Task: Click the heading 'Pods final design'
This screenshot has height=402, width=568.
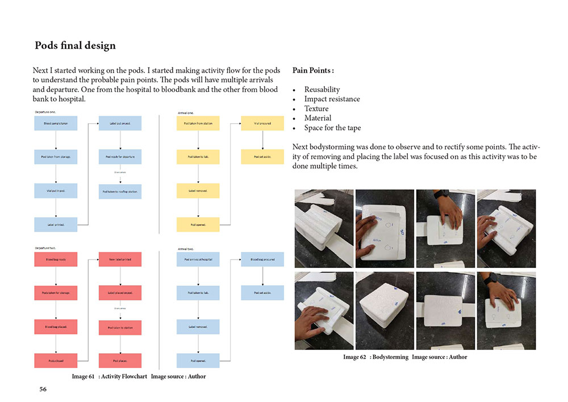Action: (75, 45)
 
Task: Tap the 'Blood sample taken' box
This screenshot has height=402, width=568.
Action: (56, 123)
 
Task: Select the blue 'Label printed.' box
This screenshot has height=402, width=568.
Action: (56, 225)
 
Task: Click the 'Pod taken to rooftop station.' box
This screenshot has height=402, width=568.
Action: (120, 191)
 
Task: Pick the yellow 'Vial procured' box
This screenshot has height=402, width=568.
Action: (262, 123)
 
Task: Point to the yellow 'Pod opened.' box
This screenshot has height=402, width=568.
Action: (198, 225)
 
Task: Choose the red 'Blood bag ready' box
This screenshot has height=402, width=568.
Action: (56, 259)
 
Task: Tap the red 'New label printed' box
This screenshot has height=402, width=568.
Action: (120, 259)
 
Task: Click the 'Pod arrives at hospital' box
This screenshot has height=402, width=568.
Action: (198, 259)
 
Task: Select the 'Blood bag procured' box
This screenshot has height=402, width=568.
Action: (262, 259)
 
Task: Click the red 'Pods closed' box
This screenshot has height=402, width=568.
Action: (56, 361)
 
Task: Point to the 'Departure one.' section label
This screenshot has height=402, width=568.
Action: (45, 112)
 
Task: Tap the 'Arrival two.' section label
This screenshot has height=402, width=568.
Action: (186, 249)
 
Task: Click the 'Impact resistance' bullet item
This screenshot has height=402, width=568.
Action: (332, 99)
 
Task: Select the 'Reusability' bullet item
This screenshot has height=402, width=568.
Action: (321, 89)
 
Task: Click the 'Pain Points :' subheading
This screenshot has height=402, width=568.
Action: (313, 71)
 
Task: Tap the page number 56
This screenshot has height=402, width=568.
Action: (43, 389)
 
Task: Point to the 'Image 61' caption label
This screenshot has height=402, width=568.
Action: (83, 376)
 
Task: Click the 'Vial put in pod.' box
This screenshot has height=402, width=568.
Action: (56, 191)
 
